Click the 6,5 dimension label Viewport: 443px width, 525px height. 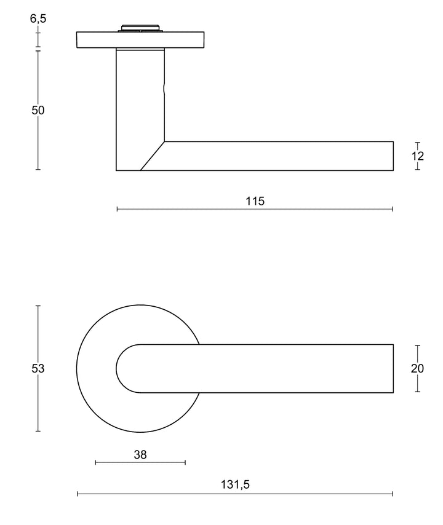[38, 18]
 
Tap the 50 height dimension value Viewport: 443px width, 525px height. [38, 110]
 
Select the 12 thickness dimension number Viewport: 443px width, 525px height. [418, 156]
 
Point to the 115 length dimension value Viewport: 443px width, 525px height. [255, 201]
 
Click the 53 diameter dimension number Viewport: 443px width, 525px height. [38, 368]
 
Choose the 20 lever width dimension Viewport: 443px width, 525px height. [418, 368]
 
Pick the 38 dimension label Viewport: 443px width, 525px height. [140, 454]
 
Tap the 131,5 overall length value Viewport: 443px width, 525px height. [235, 484]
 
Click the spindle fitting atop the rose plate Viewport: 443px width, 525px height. [141, 28]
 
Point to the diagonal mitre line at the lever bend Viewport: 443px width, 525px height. [153, 156]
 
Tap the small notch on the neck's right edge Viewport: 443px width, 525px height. [164, 89]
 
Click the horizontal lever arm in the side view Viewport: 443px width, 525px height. [277, 156]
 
